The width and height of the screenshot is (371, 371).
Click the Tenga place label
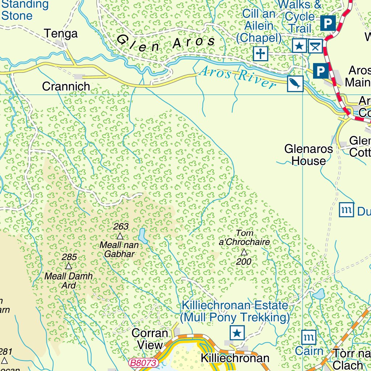point(61,34)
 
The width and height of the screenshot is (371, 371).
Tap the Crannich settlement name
point(66,86)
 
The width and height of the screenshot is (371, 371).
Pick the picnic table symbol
point(316,46)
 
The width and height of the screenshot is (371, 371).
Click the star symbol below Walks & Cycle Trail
point(300,46)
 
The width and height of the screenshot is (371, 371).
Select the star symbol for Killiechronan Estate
point(237,332)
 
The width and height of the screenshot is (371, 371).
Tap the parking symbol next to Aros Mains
point(320,70)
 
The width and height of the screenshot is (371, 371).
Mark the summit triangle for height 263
point(120,236)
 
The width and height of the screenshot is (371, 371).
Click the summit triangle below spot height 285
point(68,266)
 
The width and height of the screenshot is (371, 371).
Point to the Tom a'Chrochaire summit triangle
point(244,252)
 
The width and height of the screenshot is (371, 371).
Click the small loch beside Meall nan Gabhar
point(143,236)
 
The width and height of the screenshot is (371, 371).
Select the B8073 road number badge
point(144,363)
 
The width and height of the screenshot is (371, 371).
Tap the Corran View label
point(150,338)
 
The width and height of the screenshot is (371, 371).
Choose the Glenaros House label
point(308,155)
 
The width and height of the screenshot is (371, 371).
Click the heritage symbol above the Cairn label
point(309,337)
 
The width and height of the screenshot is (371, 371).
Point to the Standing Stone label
point(25,10)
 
